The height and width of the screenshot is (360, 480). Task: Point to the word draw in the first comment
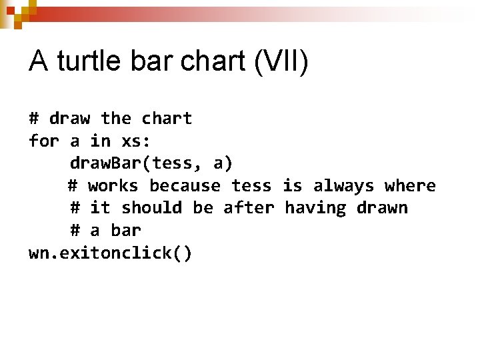(x=70, y=119)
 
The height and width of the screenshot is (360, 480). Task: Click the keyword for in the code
(x=44, y=141)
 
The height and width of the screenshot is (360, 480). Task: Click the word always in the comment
(x=343, y=185)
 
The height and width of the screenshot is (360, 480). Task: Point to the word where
(x=410, y=185)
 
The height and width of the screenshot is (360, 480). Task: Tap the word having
(x=315, y=208)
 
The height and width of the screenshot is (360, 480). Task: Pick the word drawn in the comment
(x=382, y=208)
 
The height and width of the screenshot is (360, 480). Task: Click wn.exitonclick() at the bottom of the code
(x=111, y=253)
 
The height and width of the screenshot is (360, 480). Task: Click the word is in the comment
(x=292, y=185)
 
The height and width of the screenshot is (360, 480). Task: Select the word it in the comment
(x=100, y=208)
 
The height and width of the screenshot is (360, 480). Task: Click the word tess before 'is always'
(x=251, y=185)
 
